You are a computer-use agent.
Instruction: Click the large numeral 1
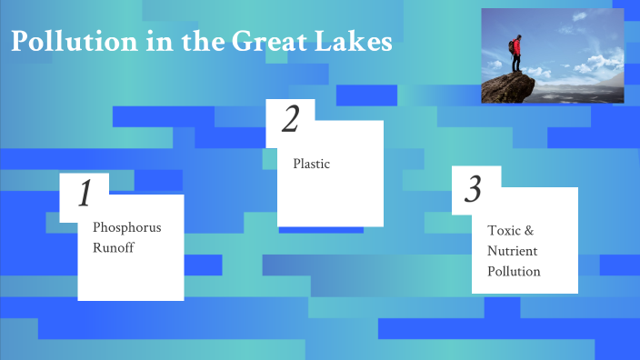85,194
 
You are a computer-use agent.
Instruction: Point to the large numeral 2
290,120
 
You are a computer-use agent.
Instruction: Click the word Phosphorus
126,227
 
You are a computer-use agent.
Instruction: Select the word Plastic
311,165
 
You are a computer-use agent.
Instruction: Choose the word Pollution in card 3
514,271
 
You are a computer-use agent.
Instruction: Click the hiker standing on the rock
516,55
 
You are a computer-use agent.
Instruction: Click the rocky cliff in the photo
509,88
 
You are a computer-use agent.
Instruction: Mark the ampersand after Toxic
529,231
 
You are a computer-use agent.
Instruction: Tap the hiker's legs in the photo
516,65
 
